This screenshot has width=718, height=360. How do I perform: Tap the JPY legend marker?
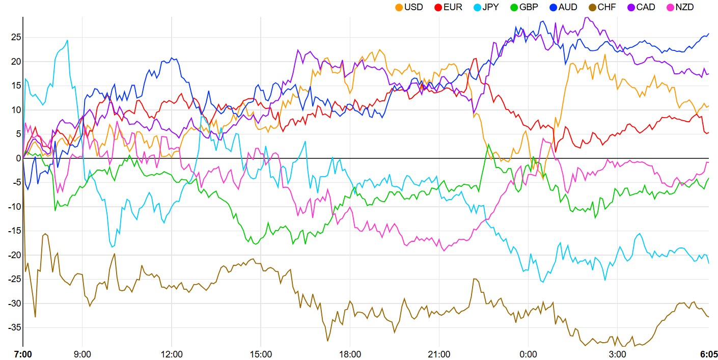[x=477, y=7]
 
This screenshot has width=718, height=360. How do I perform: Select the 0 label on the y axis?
[x=18, y=158]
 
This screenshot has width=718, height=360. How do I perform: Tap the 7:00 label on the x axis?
[x=22, y=353]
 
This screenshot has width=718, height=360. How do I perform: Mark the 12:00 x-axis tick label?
[x=172, y=353]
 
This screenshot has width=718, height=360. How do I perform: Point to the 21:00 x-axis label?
[x=439, y=353]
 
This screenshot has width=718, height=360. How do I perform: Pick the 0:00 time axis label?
[x=528, y=353]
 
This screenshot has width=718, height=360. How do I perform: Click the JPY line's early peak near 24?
[x=67, y=40]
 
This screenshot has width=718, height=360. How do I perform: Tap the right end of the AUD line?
[x=708, y=34]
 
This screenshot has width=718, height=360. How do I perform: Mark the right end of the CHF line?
[x=708, y=317]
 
